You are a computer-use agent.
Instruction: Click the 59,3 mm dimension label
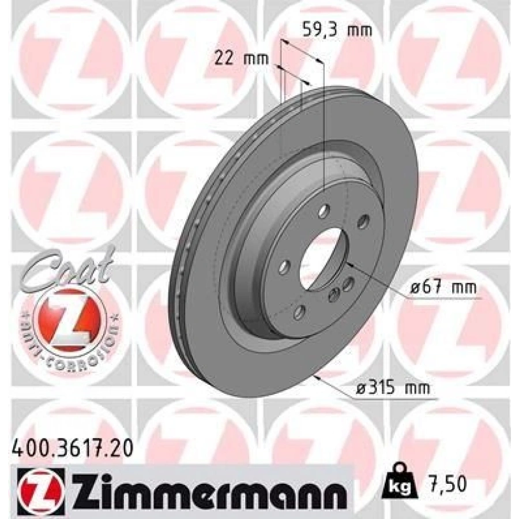[337, 31]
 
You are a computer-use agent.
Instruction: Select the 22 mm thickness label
[242, 59]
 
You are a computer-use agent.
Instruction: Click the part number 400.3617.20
[73, 449]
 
